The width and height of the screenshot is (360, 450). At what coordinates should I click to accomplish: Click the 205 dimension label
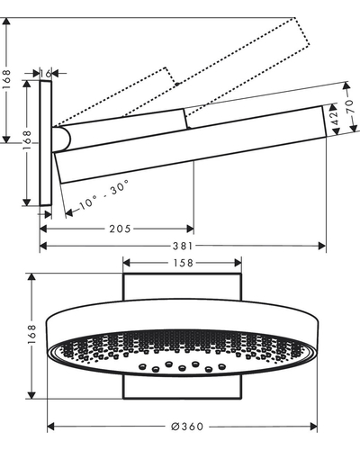pos(120,229)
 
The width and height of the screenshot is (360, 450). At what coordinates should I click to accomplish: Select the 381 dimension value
pos(183,247)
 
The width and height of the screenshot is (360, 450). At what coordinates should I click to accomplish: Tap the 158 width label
pos(183,263)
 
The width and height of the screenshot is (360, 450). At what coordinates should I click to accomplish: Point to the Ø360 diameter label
pos(187,427)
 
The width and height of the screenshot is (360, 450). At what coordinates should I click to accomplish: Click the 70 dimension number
pos(350,106)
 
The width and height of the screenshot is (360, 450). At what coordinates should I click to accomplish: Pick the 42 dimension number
pos(335,118)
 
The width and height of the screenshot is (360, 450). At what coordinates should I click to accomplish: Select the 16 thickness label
pos(46,73)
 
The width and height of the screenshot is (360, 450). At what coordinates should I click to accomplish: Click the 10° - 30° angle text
pos(104,194)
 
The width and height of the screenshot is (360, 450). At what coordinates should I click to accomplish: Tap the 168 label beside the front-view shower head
pos(31,335)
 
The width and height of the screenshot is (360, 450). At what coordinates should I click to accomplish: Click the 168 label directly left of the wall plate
pos(27,140)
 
